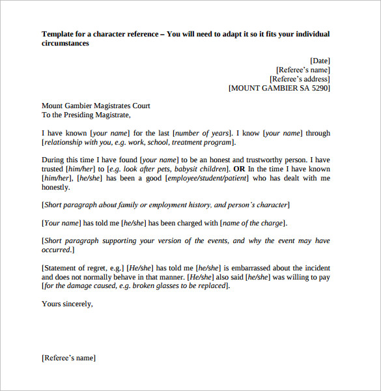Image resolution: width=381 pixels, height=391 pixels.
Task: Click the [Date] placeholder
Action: coord(320,61)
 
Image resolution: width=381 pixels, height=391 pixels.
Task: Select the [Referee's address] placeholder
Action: coord(299,79)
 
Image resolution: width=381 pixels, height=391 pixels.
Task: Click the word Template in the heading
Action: coord(57,34)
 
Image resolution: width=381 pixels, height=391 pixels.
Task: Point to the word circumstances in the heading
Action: coord(65,43)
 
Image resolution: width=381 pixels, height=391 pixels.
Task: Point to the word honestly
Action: coord(55,187)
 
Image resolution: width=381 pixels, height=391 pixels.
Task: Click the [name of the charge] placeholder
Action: coord(253,223)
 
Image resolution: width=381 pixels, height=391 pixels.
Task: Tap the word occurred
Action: coord(57,250)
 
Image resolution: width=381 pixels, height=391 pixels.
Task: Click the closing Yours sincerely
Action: coord(67,304)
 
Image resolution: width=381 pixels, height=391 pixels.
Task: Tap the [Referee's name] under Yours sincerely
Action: coord(68,358)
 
